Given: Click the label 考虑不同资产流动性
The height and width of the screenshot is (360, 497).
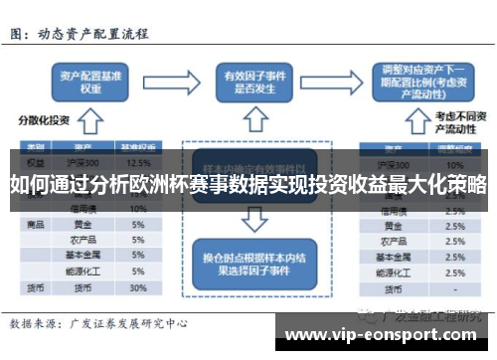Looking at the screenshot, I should click(x=460, y=122).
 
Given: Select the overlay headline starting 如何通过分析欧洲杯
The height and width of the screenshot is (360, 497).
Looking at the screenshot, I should click(x=248, y=185).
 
